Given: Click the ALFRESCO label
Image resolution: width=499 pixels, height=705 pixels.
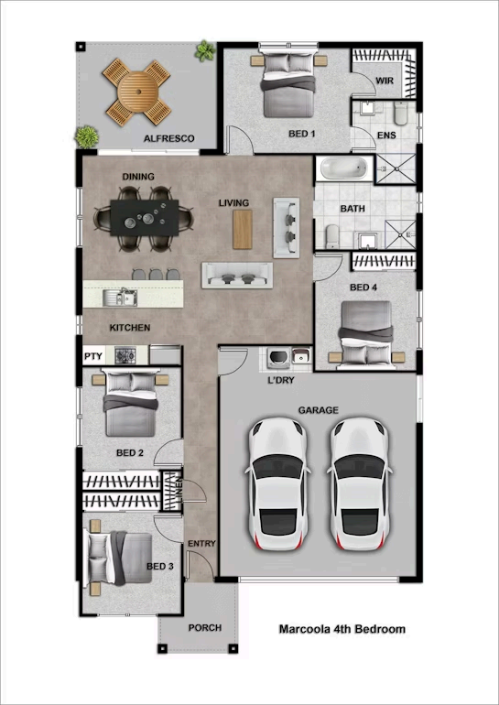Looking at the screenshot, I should pos(168,138).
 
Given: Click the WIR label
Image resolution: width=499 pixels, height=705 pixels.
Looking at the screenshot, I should pos(385,81).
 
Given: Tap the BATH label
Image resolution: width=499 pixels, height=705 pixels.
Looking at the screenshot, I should pos(353,209).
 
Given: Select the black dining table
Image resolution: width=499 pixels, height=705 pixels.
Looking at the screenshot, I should pos(145,218).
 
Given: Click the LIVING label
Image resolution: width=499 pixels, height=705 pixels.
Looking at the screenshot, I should pos(233,203).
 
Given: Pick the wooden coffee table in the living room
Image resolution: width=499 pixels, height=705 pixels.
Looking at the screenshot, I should pos(242,229).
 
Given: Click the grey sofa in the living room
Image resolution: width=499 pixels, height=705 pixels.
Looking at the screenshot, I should pos(237,274).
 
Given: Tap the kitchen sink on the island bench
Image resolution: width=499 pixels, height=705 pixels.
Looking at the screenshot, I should pos(121,296).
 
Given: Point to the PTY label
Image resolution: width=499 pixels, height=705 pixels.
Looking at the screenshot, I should pos(92,356).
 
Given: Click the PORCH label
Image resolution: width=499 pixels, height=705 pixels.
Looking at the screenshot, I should pos(204,628).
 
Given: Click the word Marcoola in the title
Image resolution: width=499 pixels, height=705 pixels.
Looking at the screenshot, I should pos(303,629).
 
